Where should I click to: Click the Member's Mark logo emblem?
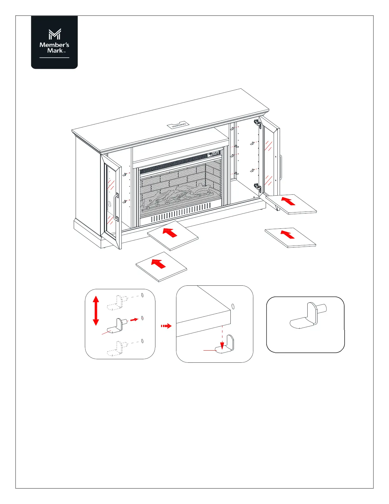(x=54, y=34)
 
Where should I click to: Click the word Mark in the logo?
(x=55, y=51)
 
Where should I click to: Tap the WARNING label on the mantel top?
(x=179, y=125)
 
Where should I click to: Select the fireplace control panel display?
(x=214, y=154)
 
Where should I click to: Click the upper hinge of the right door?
(x=257, y=123)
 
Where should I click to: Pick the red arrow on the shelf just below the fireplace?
(x=170, y=233)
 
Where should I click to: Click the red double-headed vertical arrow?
(x=96, y=311)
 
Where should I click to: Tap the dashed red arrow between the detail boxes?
(x=166, y=326)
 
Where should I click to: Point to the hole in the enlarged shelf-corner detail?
(x=233, y=306)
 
